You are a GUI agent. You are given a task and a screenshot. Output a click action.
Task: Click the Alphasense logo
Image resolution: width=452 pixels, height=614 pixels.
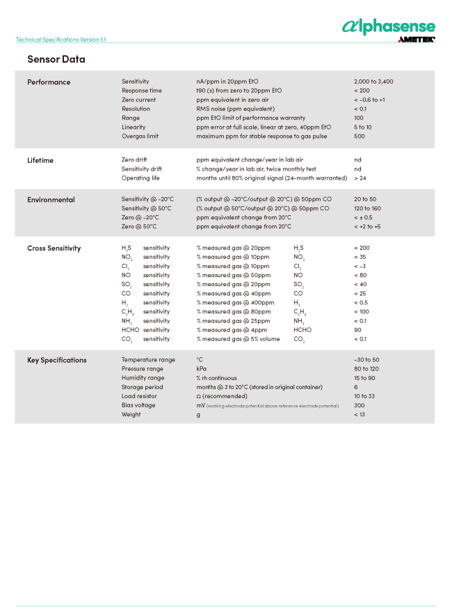point(388,26)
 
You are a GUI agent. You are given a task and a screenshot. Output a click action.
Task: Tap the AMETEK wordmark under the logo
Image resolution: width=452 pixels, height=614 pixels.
point(416,40)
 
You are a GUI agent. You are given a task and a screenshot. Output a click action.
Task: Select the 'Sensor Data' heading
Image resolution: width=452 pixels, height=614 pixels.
point(56,59)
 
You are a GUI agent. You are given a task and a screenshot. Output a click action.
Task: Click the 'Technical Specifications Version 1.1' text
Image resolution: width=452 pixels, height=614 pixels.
point(60,40)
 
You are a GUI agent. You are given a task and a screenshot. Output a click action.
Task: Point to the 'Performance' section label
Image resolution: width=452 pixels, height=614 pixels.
point(49,82)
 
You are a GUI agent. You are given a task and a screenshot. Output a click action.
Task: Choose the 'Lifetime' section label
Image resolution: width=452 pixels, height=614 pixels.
point(40,160)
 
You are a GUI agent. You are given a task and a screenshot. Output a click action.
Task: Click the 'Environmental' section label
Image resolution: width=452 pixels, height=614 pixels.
point(51,200)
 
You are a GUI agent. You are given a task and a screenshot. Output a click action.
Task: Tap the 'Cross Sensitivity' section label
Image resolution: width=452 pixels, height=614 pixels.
point(54,249)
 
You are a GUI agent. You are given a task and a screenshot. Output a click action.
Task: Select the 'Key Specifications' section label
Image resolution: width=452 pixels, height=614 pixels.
point(57,360)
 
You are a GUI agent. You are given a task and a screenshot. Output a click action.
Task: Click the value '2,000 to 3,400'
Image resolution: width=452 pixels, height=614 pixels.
point(373,81)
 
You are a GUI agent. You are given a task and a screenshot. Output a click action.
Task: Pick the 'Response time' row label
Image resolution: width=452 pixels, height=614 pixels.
point(141,90)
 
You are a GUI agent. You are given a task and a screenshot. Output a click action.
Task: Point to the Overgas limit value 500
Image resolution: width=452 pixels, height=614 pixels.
point(359,136)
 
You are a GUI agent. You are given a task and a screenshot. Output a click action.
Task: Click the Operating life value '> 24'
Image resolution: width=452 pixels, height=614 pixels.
point(361,178)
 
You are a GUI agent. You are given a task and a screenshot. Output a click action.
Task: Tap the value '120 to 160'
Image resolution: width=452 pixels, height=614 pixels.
point(367,208)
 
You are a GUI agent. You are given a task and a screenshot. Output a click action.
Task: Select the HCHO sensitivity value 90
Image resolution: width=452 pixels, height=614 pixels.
point(357,330)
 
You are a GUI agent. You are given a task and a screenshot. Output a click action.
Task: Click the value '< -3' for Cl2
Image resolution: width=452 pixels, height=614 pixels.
point(360,267)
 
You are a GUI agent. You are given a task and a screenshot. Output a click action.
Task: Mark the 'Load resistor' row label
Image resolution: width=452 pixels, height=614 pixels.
point(139,396)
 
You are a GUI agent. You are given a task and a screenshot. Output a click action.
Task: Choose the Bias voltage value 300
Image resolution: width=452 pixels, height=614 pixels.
point(359,405)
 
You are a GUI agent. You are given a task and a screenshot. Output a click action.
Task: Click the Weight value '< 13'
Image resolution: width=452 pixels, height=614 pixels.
point(360,415)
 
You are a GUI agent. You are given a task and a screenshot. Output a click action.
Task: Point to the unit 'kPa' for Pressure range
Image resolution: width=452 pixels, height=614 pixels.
point(201,369)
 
